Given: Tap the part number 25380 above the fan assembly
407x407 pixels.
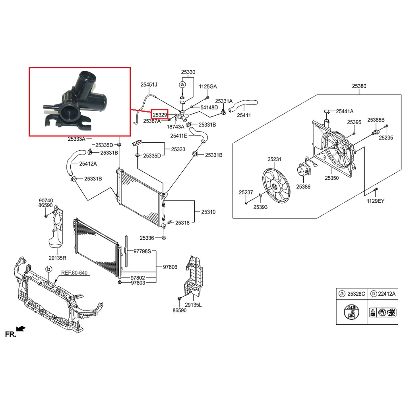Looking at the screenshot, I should [x=359, y=86].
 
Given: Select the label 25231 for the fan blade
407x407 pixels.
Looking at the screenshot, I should [x=274, y=159].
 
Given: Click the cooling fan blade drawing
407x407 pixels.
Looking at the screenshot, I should [x=275, y=185].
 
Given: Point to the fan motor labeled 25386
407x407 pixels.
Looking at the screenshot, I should [x=304, y=171].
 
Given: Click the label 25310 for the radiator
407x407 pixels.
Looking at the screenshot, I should [x=208, y=212].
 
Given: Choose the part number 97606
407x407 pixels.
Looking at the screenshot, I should [x=170, y=267].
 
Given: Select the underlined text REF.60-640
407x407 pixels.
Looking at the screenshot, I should [x=74, y=273].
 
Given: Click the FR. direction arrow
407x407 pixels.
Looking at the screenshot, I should [x=21, y=329].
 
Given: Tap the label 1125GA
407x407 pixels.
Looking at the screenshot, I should [x=208, y=86].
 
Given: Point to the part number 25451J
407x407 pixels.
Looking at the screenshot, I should [x=149, y=84].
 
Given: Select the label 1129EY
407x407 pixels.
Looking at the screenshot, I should [x=376, y=201].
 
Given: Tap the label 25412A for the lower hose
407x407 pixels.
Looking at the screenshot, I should [x=88, y=163].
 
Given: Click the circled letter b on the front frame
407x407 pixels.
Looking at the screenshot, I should [x=49, y=269].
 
